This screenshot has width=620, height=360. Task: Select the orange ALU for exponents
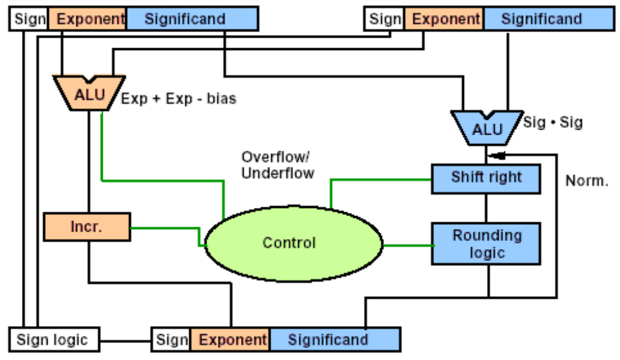[88, 95]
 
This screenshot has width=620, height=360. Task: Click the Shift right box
[486, 178]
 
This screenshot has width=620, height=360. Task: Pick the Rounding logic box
[486, 244]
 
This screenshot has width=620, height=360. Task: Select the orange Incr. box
[87, 227]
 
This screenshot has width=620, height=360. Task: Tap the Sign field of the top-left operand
[29, 19]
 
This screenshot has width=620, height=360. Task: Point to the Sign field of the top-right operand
[385, 19]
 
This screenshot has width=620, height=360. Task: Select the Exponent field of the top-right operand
[444, 19]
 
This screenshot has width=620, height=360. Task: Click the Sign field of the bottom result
[172, 340]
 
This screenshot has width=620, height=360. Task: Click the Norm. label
[587, 181]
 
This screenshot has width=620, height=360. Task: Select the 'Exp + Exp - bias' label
[178, 99]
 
